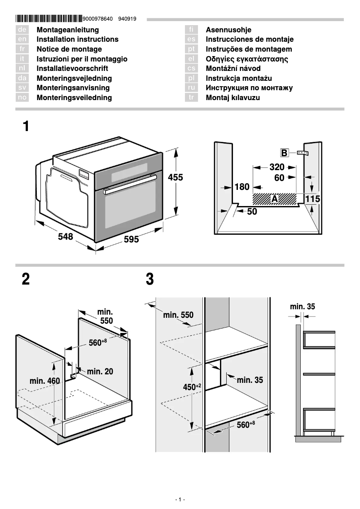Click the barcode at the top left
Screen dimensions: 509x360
tap(49, 19)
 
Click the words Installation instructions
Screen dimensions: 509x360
tap(77, 39)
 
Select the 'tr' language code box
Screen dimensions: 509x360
tap(191, 97)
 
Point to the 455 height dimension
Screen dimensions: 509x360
tap(176, 178)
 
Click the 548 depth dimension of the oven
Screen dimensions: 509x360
tap(66, 237)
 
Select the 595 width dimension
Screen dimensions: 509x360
tap(131, 240)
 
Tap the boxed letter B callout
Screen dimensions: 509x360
tap(285, 153)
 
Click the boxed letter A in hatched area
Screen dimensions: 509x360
tap(275, 198)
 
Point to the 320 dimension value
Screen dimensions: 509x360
tap(277, 167)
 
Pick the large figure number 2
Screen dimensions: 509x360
tap(26, 279)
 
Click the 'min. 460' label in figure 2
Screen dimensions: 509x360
tap(44, 381)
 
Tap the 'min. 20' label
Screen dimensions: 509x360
tap(100, 371)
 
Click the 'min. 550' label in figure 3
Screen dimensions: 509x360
tap(178, 315)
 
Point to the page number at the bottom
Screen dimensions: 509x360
tap(180, 500)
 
